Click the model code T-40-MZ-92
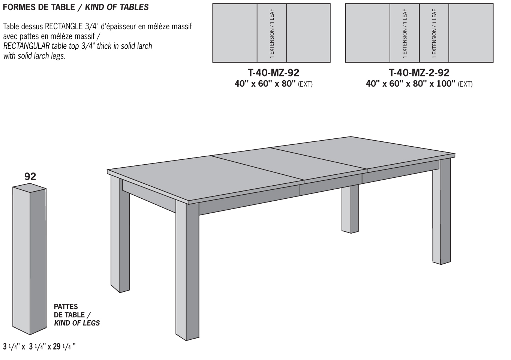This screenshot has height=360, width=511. [x=273, y=72]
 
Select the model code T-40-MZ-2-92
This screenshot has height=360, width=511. [x=419, y=72]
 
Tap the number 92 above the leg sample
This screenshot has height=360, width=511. [x=30, y=176]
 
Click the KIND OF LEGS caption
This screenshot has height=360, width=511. [x=77, y=323]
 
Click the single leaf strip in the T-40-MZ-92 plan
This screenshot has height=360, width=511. [x=272, y=33]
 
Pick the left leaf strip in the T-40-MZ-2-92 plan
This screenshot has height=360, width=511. [x=405, y=33]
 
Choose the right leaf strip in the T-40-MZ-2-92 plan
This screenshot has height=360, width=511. [x=434, y=33]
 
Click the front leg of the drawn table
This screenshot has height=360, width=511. [x=187, y=270]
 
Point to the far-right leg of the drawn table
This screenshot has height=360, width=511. [x=441, y=210]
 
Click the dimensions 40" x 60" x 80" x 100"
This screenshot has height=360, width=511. [x=411, y=84]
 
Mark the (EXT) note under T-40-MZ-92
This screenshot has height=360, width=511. [x=305, y=84]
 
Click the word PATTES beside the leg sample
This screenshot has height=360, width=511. [x=66, y=306]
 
